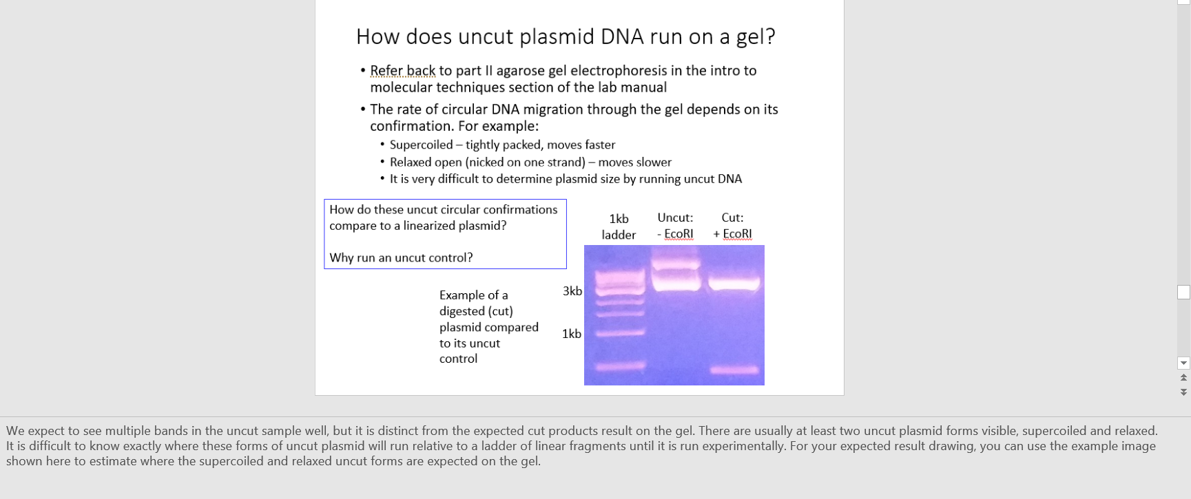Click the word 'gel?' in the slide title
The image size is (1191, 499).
click(x=755, y=36)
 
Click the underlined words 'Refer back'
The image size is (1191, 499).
click(x=402, y=71)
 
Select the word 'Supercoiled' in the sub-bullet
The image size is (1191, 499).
click(x=421, y=145)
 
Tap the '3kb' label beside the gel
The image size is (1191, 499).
click(x=572, y=291)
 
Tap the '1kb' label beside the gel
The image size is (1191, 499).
click(x=571, y=334)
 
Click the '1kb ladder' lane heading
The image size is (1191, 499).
click(x=619, y=226)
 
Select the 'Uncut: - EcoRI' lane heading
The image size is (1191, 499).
click(x=675, y=226)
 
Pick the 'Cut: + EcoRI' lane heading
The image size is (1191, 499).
click(x=732, y=226)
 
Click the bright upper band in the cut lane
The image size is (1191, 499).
click(x=734, y=282)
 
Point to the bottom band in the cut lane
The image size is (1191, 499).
click(x=734, y=370)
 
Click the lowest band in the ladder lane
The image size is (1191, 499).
click(x=620, y=366)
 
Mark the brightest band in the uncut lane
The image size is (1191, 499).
click(x=676, y=280)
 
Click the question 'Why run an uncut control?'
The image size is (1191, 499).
click(x=401, y=257)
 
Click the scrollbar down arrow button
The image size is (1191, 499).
click(x=1183, y=363)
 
